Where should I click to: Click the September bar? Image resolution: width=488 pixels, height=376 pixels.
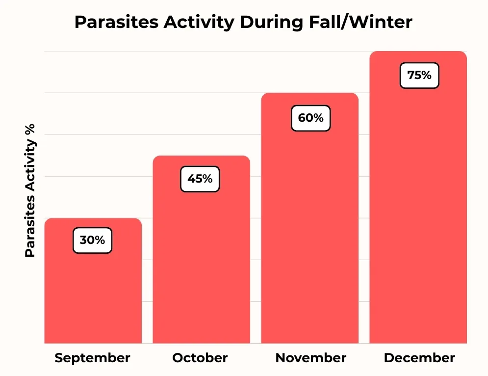[x=93, y=281]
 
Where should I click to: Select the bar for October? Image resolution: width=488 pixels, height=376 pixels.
[x=202, y=249]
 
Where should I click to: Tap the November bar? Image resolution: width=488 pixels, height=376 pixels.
[x=309, y=218]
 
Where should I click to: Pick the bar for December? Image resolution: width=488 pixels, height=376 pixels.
[x=418, y=197]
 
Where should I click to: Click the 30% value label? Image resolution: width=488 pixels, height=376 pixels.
[x=92, y=240]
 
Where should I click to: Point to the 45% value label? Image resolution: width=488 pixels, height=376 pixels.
[x=200, y=179]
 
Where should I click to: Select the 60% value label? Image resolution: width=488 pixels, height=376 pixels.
[x=310, y=118]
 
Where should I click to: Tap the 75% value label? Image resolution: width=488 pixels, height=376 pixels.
[x=419, y=76]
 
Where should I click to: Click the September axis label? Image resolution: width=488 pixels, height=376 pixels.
[x=92, y=358]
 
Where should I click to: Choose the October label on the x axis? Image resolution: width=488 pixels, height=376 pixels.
[x=200, y=358]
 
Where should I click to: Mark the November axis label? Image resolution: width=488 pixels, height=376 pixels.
[x=310, y=358]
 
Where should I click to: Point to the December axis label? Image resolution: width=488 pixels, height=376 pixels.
[x=419, y=358]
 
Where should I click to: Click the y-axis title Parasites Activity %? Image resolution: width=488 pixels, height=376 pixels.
[x=30, y=190]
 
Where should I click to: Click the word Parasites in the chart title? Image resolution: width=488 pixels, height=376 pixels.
[x=116, y=22]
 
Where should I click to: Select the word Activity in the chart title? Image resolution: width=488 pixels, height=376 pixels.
[x=199, y=23]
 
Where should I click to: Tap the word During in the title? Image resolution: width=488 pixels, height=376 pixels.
[x=271, y=23]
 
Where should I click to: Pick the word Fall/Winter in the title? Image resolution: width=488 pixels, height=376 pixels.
[x=360, y=22]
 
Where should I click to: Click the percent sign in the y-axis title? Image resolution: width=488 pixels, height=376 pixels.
[x=30, y=129]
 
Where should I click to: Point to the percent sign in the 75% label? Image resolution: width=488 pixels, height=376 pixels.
[x=426, y=76]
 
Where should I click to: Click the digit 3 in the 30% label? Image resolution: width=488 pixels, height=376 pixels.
[x=83, y=240]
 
